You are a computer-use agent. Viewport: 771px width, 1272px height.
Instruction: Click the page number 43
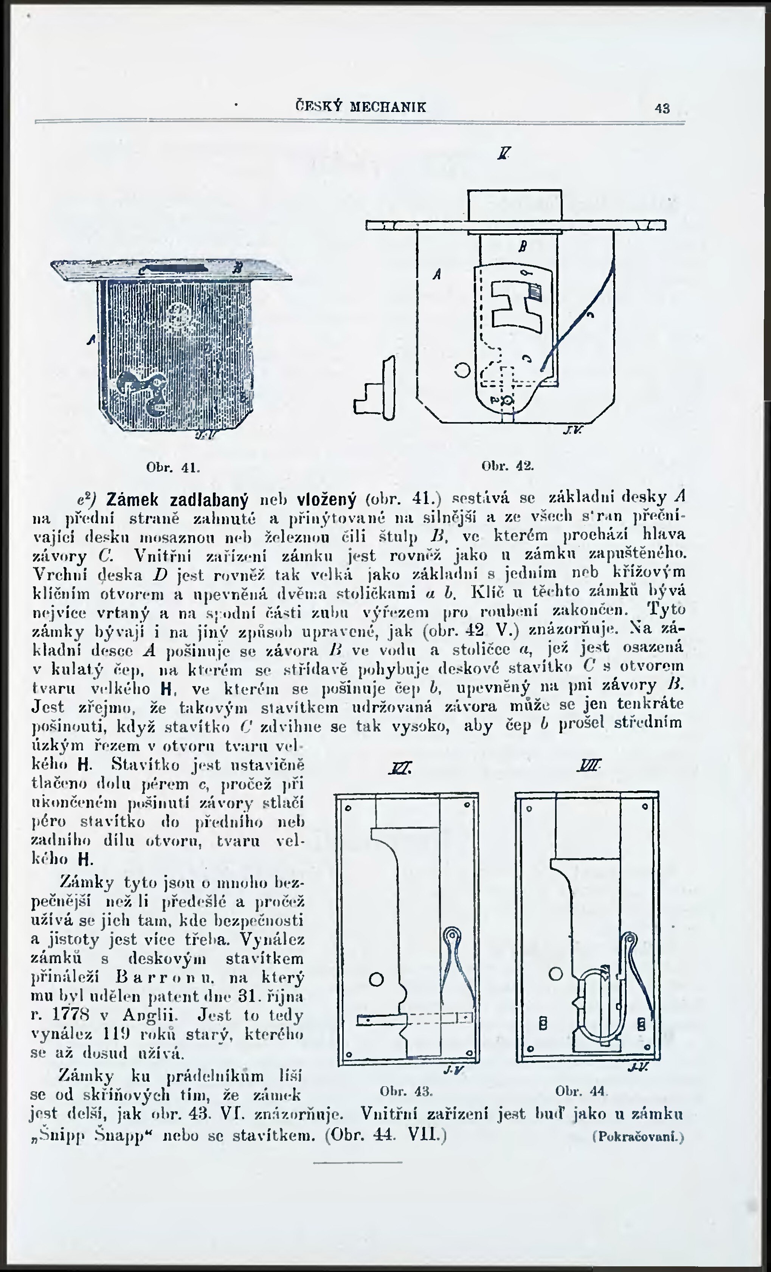pos(662,109)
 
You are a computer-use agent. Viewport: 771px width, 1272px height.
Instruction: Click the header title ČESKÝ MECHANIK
pos(361,107)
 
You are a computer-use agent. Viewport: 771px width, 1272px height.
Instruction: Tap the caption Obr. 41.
pos(173,468)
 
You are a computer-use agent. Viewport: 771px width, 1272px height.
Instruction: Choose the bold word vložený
pos(326,500)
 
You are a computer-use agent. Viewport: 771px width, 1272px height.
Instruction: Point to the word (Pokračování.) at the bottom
pos(638,1137)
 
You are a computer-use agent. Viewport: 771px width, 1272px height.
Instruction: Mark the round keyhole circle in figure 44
pos(555,974)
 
